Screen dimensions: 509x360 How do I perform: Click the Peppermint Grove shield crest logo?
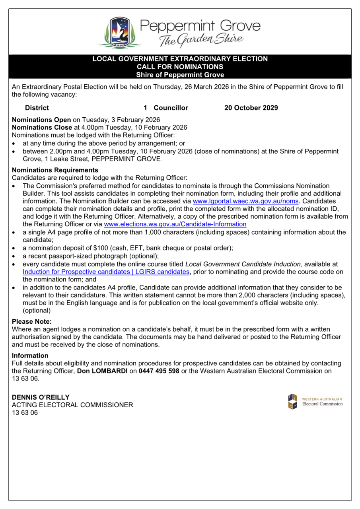pyautogui.click(x=119, y=33)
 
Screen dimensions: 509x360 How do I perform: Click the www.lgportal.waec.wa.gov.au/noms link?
pyautogui.click(x=245, y=201)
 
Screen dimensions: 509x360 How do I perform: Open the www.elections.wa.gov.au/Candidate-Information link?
pyautogui.click(x=175, y=224)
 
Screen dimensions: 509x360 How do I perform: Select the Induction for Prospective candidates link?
pyautogui.click(x=106, y=272)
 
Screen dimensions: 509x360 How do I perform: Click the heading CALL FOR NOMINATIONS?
pyautogui.click(x=180, y=67)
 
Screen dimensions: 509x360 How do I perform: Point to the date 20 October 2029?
pyautogui.click(x=251, y=108)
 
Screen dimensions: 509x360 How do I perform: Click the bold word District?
pyautogui.click(x=37, y=108)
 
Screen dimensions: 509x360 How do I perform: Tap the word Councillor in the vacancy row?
pyautogui.click(x=171, y=108)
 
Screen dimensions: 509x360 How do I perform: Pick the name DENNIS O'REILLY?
pyautogui.click(x=41, y=397)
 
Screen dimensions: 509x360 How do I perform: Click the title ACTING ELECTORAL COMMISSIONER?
pyautogui.click(x=72, y=405)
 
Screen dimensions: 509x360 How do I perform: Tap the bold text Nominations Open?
pyautogui.click(x=41, y=120)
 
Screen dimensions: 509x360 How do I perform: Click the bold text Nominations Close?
pyautogui.click(x=42, y=128)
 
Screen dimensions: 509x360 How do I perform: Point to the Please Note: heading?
pyautogui.click(x=32, y=321)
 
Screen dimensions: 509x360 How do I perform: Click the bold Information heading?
pyautogui.click(x=30, y=356)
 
